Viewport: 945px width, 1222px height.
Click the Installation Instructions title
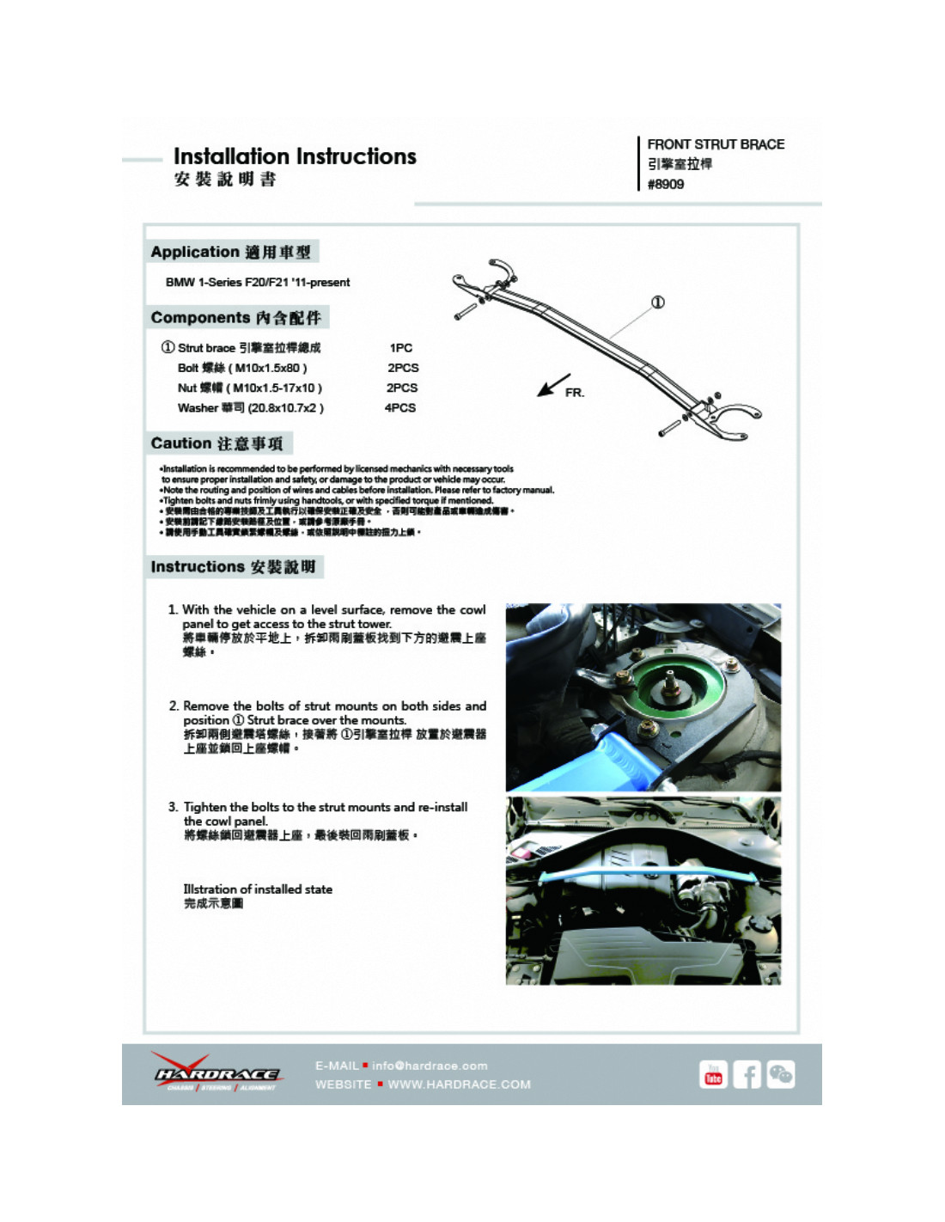(295, 156)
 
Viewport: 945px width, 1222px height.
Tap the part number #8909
(666, 184)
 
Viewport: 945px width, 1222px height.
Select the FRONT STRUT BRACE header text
(716, 144)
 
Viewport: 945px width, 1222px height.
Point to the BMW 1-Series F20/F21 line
(258, 282)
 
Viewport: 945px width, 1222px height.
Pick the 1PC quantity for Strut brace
(400, 348)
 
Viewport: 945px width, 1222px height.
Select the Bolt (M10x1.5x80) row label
(242, 368)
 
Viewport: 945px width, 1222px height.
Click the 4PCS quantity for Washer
(400, 408)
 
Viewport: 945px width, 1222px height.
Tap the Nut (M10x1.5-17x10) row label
(249, 388)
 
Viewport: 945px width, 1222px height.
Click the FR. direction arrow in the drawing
(553, 385)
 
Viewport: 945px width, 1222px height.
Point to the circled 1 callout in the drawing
(657, 302)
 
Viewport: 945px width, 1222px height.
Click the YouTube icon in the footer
(713, 1075)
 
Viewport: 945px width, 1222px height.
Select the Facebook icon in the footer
(747, 1075)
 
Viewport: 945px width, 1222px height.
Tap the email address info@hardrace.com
(430, 1066)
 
